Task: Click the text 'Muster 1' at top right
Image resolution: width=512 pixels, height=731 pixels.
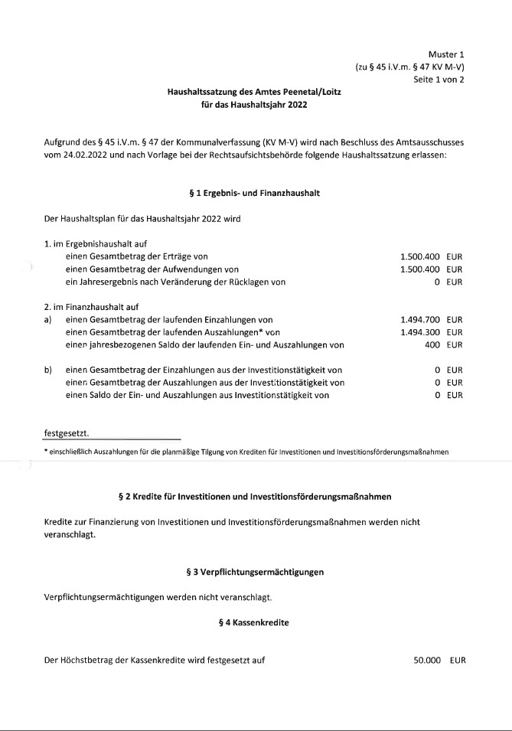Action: click(445, 54)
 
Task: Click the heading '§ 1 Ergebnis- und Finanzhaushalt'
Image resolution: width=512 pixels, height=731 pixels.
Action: click(256, 193)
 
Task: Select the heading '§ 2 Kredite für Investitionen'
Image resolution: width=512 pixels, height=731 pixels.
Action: click(256, 497)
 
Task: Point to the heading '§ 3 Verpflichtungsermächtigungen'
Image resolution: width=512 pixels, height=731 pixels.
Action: click(256, 572)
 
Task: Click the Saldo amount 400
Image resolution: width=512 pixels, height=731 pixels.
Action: click(432, 344)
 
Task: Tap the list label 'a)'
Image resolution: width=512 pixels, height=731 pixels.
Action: click(49, 319)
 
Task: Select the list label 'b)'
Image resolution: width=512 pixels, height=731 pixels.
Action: click(49, 370)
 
